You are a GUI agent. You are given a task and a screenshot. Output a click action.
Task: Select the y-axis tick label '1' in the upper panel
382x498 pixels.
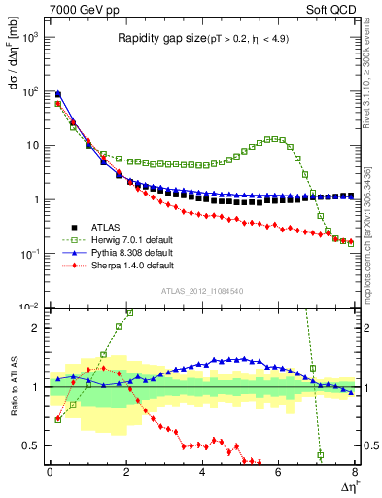pos(35,199)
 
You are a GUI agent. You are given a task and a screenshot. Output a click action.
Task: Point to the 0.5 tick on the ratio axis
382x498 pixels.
pos(31,445)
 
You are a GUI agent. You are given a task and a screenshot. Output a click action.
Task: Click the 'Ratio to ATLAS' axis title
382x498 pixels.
pos(12,387)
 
